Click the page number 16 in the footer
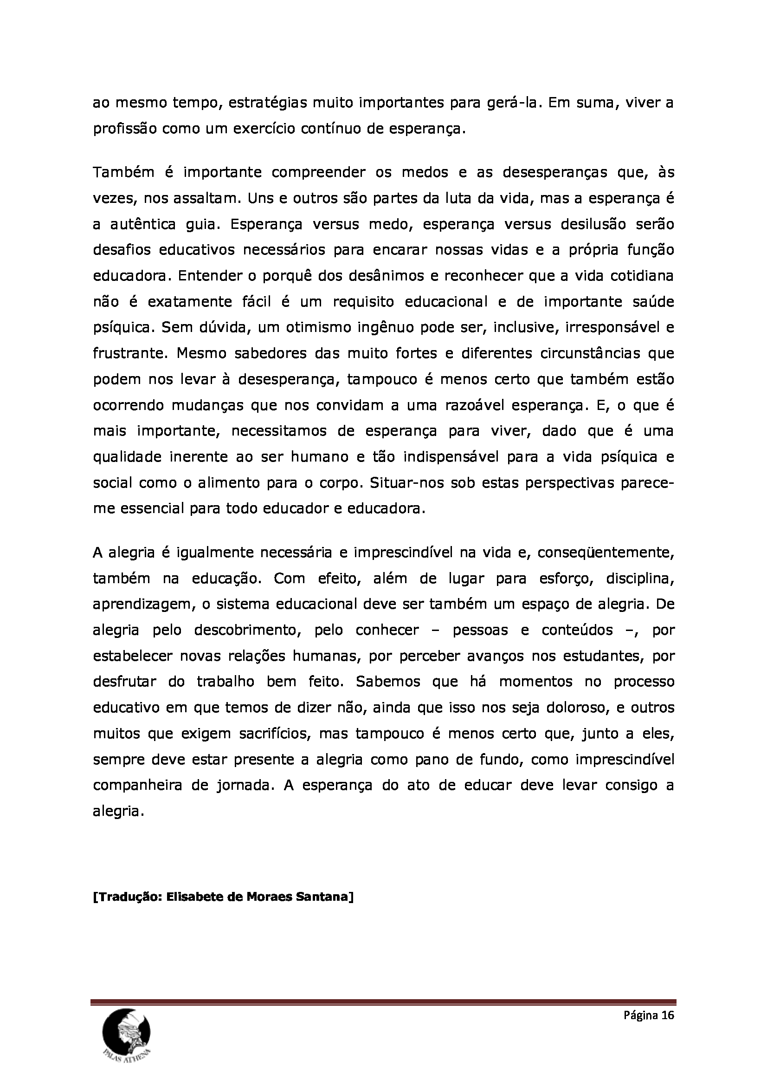(667, 1015)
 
